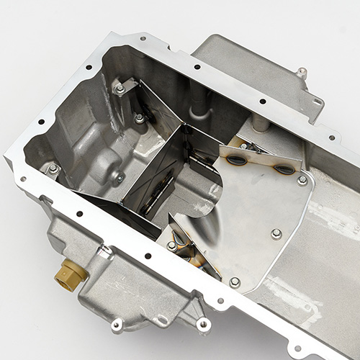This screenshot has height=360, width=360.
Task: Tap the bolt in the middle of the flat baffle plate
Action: pyautogui.click(x=276, y=233)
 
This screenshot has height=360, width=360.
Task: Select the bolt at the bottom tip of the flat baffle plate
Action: pyautogui.click(x=235, y=282)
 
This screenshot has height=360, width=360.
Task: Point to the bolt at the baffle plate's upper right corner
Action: pyautogui.click(x=302, y=180)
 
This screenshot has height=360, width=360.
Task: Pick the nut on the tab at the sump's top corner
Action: pyautogui.click(x=120, y=89)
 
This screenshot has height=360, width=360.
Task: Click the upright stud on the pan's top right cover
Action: pyautogui.click(x=302, y=73)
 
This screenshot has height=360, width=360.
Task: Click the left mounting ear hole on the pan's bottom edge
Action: pyautogui.click(x=117, y=325)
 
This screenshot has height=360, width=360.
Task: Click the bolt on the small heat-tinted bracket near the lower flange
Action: pyautogui.click(x=172, y=246)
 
